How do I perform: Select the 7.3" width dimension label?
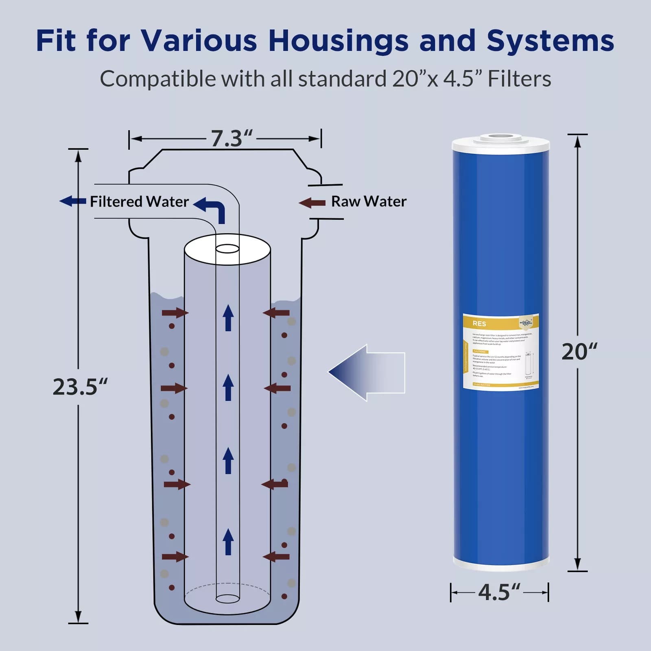pos(231,139)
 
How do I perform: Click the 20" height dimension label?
pos(579,352)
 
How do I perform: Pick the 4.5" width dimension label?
pos(499,592)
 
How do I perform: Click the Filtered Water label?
pos(139,201)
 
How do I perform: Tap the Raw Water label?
pos(369,201)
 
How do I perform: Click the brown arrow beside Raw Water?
pos(312,203)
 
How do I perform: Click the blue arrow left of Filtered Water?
pos(73,201)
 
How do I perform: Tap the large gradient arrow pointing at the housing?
pos(366,372)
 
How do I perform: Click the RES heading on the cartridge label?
pos(479,323)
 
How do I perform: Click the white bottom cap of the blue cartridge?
pos(501,564)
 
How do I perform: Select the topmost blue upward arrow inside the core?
pos(228,317)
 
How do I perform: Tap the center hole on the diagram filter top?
pos(227,249)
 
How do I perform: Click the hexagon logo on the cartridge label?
pos(526,322)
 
